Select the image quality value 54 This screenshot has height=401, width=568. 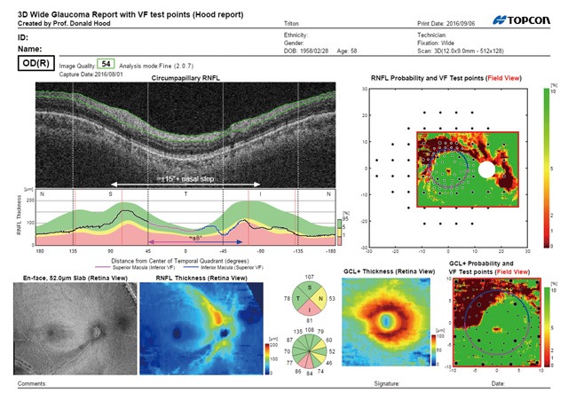(x=106, y=64)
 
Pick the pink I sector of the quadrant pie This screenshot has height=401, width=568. (x=310, y=311)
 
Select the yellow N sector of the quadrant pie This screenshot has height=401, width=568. (x=321, y=299)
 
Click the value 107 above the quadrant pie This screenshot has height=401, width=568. (x=310, y=278)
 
